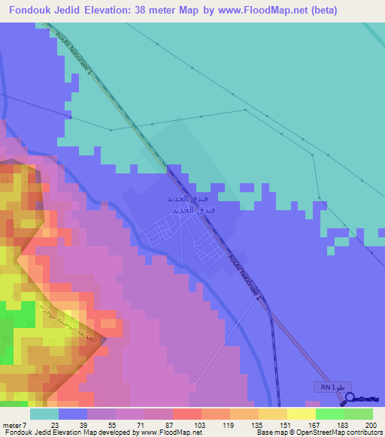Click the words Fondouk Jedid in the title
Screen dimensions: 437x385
pyautogui.click(x=47, y=11)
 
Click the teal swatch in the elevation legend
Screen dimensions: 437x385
pyautogui.click(x=44, y=414)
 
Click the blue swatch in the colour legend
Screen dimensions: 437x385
pyautogui.click(x=73, y=414)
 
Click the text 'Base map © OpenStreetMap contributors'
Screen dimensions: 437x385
pyautogui.click(x=317, y=432)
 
